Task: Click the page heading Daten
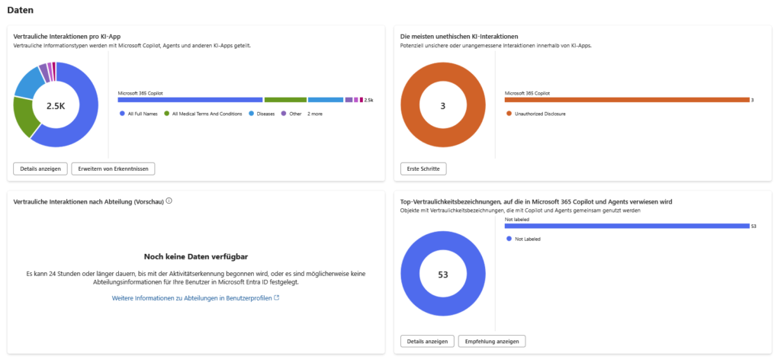click(x=20, y=11)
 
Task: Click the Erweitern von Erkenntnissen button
click(x=113, y=169)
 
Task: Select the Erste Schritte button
click(x=423, y=169)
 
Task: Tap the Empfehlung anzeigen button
click(x=492, y=341)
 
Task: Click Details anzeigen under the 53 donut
click(x=427, y=341)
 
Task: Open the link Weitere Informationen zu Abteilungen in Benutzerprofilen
click(x=195, y=297)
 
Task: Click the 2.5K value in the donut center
click(x=56, y=106)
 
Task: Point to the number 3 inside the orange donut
click(x=442, y=106)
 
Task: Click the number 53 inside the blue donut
click(x=442, y=274)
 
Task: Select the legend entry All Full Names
click(x=141, y=114)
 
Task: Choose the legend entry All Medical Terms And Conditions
click(x=202, y=114)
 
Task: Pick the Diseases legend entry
click(x=264, y=114)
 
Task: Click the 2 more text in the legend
click(x=314, y=114)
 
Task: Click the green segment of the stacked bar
click(x=285, y=100)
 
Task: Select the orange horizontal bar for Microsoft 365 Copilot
click(x=627, y=100)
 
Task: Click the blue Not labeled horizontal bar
click(x=627, y=226)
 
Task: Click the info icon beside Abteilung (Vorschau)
click(x=169, y=201)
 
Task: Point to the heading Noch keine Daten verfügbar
click(x=195, y=257)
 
